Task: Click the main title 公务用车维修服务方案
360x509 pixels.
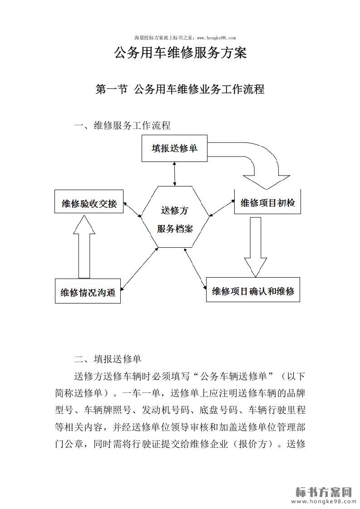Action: (180, 53)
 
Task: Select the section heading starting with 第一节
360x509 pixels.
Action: (180, 89)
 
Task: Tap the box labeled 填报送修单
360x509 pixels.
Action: (174, 148)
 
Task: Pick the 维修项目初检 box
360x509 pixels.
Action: (268, 203)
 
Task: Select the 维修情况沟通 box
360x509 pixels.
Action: (88, 292)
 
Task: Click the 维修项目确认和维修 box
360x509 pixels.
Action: (253, 291)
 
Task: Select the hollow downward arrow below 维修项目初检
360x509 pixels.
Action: (256, 245)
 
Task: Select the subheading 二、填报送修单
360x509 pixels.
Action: (108, 360)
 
